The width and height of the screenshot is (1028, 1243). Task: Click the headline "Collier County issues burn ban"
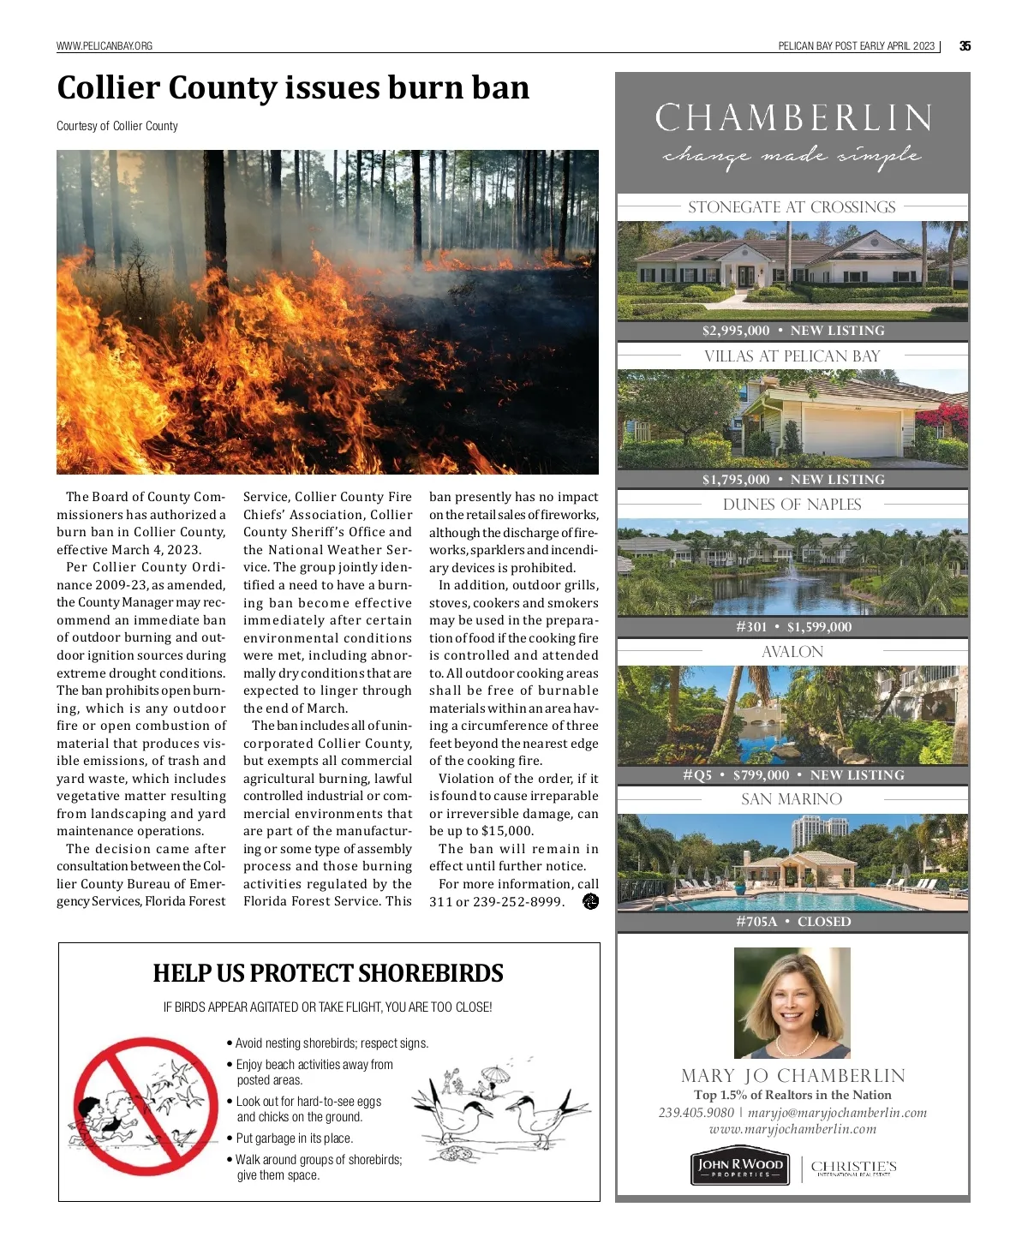pos(293,88)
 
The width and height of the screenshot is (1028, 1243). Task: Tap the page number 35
pos(965,46)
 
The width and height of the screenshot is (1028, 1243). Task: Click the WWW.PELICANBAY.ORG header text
pos(105,46)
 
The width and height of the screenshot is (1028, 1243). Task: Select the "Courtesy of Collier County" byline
pos(117,126)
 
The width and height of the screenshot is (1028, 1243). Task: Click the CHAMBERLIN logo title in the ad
pos(793,118)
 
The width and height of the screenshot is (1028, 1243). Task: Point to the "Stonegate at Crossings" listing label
pos(792,207)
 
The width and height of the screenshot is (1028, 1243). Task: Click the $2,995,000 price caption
pos(736,331)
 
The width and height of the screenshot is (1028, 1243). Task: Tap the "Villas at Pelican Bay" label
pos(792,356)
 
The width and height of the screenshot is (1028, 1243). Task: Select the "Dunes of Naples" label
pos(792,505)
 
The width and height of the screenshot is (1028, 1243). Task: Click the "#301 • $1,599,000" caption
pos(793,627)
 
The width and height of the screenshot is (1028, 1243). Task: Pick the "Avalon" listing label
pos(792,652)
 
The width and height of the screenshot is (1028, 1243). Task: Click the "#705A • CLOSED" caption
pos(793,922)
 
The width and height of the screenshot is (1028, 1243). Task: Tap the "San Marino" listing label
pos(792,799)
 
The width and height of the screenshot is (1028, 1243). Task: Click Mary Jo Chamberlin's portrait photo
pos(792,1002)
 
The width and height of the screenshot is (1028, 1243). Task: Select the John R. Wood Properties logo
pos(739,1168)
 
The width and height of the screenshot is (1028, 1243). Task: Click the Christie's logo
pos(853,1168)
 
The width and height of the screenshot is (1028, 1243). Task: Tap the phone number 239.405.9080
pos(696,1113)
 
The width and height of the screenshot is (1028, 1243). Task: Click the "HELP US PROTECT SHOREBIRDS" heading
pos(328,974)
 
